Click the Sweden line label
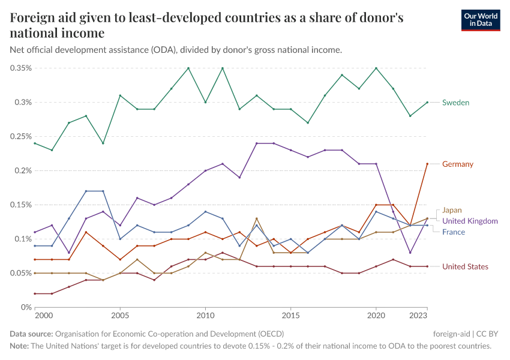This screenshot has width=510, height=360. pos(455,103)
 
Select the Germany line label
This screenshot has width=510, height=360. pos(458,164)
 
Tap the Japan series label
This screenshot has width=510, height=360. pos(452,210)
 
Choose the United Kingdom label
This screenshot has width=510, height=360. pos(470,221)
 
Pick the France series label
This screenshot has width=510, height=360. pos(453,232)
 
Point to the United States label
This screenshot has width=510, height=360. pos(465,266)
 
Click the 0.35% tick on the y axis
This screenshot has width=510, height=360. pos(21,68)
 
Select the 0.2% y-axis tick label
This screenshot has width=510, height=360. pos(23,170)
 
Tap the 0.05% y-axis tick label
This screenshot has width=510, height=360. pos(21,273)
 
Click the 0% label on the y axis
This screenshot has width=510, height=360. pos(26,307)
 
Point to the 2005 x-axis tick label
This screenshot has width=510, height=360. pos(120,315)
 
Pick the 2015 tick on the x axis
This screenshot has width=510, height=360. pos(291,315)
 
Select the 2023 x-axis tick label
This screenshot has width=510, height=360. pos(418,315)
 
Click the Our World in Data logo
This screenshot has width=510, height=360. pos(480,19)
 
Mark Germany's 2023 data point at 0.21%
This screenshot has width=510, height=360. pos(427,164)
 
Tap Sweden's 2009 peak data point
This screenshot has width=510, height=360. pos(188,68)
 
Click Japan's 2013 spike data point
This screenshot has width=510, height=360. pos(257,218)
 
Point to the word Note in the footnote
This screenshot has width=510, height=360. pos(19,346)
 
